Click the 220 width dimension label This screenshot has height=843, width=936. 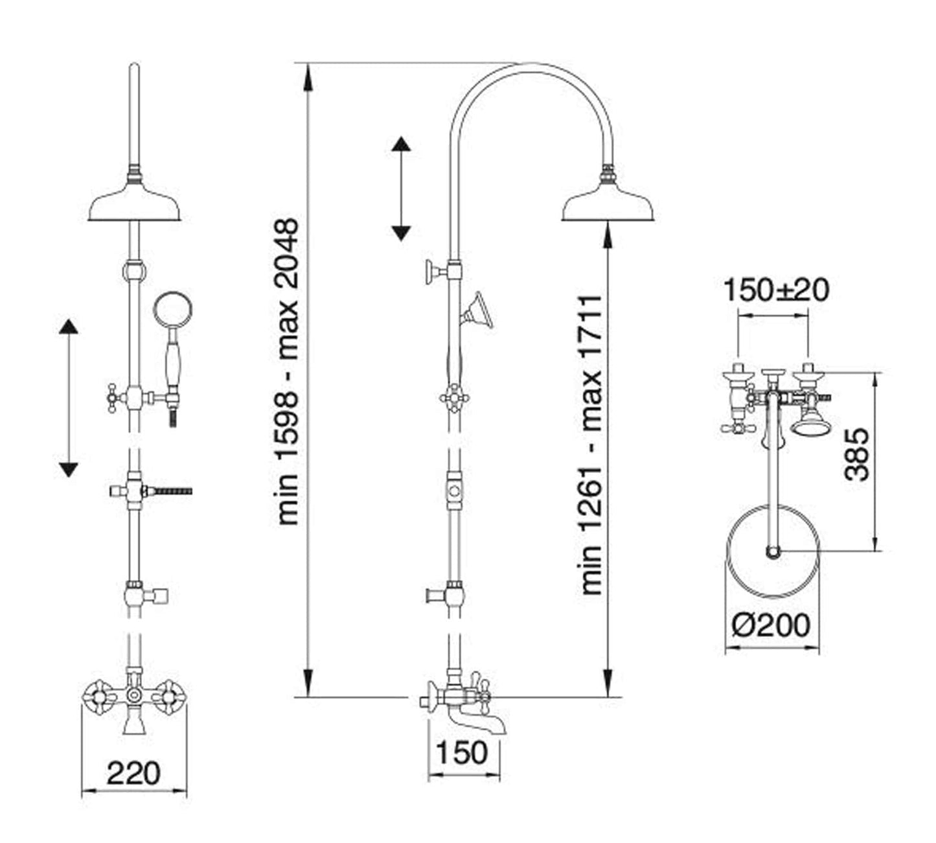133,773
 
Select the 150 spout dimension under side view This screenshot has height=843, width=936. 462,753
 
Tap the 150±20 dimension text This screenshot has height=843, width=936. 775,290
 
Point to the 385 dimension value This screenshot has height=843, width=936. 858,454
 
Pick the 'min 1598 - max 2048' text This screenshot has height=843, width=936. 287,371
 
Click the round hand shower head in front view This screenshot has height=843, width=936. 172,310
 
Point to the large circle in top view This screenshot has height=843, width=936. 772,551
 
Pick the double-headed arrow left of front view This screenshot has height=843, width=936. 68,398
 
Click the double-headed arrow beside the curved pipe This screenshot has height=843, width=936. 401,189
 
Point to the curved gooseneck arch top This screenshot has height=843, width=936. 531,65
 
